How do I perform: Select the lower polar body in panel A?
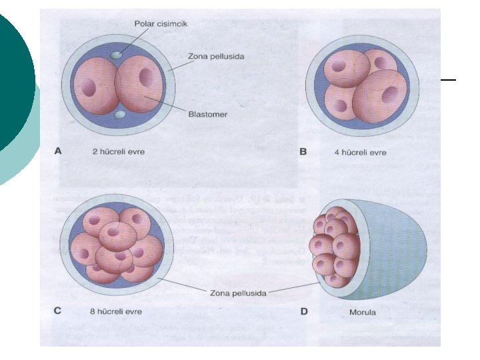(121, 116)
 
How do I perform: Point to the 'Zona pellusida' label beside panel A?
(216, 57)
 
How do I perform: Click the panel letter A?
(57, 151)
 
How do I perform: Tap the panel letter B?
(303, 152)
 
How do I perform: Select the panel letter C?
(57, 311)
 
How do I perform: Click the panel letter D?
(303, 311)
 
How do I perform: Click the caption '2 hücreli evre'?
(119, 152)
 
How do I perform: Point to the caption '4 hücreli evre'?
(360, 152)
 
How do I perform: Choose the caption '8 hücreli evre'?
(115, 311)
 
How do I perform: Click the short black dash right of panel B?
(448, 79)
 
